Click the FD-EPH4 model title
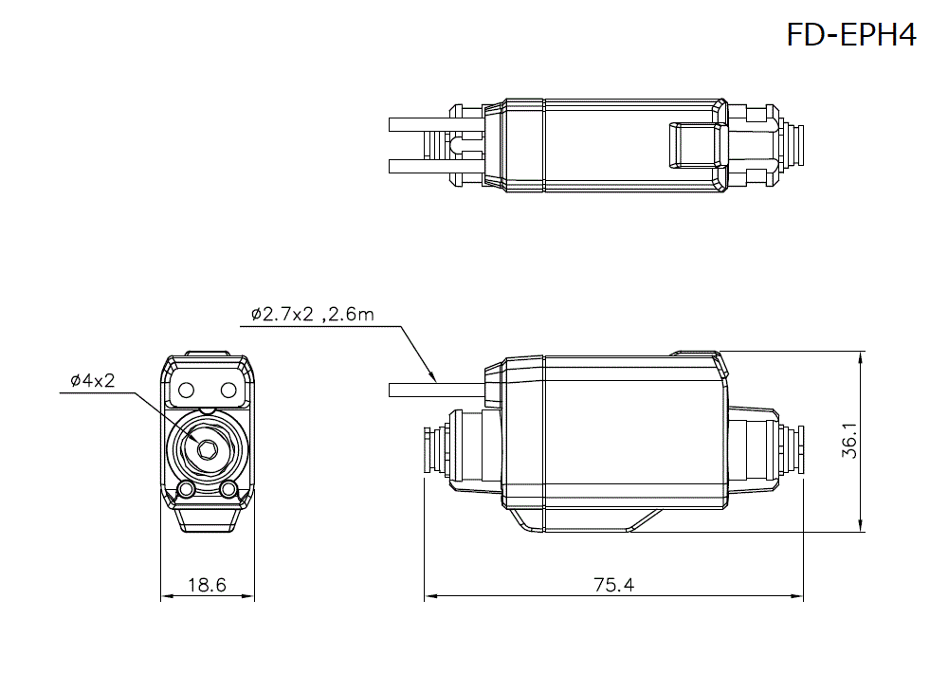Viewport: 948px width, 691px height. (x=850, y=36)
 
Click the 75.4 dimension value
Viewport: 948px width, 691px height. (x=613, y=585)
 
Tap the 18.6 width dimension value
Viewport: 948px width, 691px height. (x=207, y=585)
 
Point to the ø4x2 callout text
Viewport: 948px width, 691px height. (x=92, y=381)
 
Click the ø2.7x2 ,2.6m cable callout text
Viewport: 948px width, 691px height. (x=313, y=315)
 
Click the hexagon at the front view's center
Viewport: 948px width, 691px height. (x=206, y=448)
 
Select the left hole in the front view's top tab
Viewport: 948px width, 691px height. (x=187, y=390)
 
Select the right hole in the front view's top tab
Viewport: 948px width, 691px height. (x=228, y=390)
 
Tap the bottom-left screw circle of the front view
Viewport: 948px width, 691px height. (x=187, y=489)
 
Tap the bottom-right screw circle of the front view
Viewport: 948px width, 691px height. (x=228, y=489)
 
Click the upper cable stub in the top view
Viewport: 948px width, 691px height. (x=417, y=124)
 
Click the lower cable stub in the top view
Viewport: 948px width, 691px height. (x=417, y=167)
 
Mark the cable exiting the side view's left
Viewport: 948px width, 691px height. (x=436, y=390)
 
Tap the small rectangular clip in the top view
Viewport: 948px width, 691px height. (x=691, y=145)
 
